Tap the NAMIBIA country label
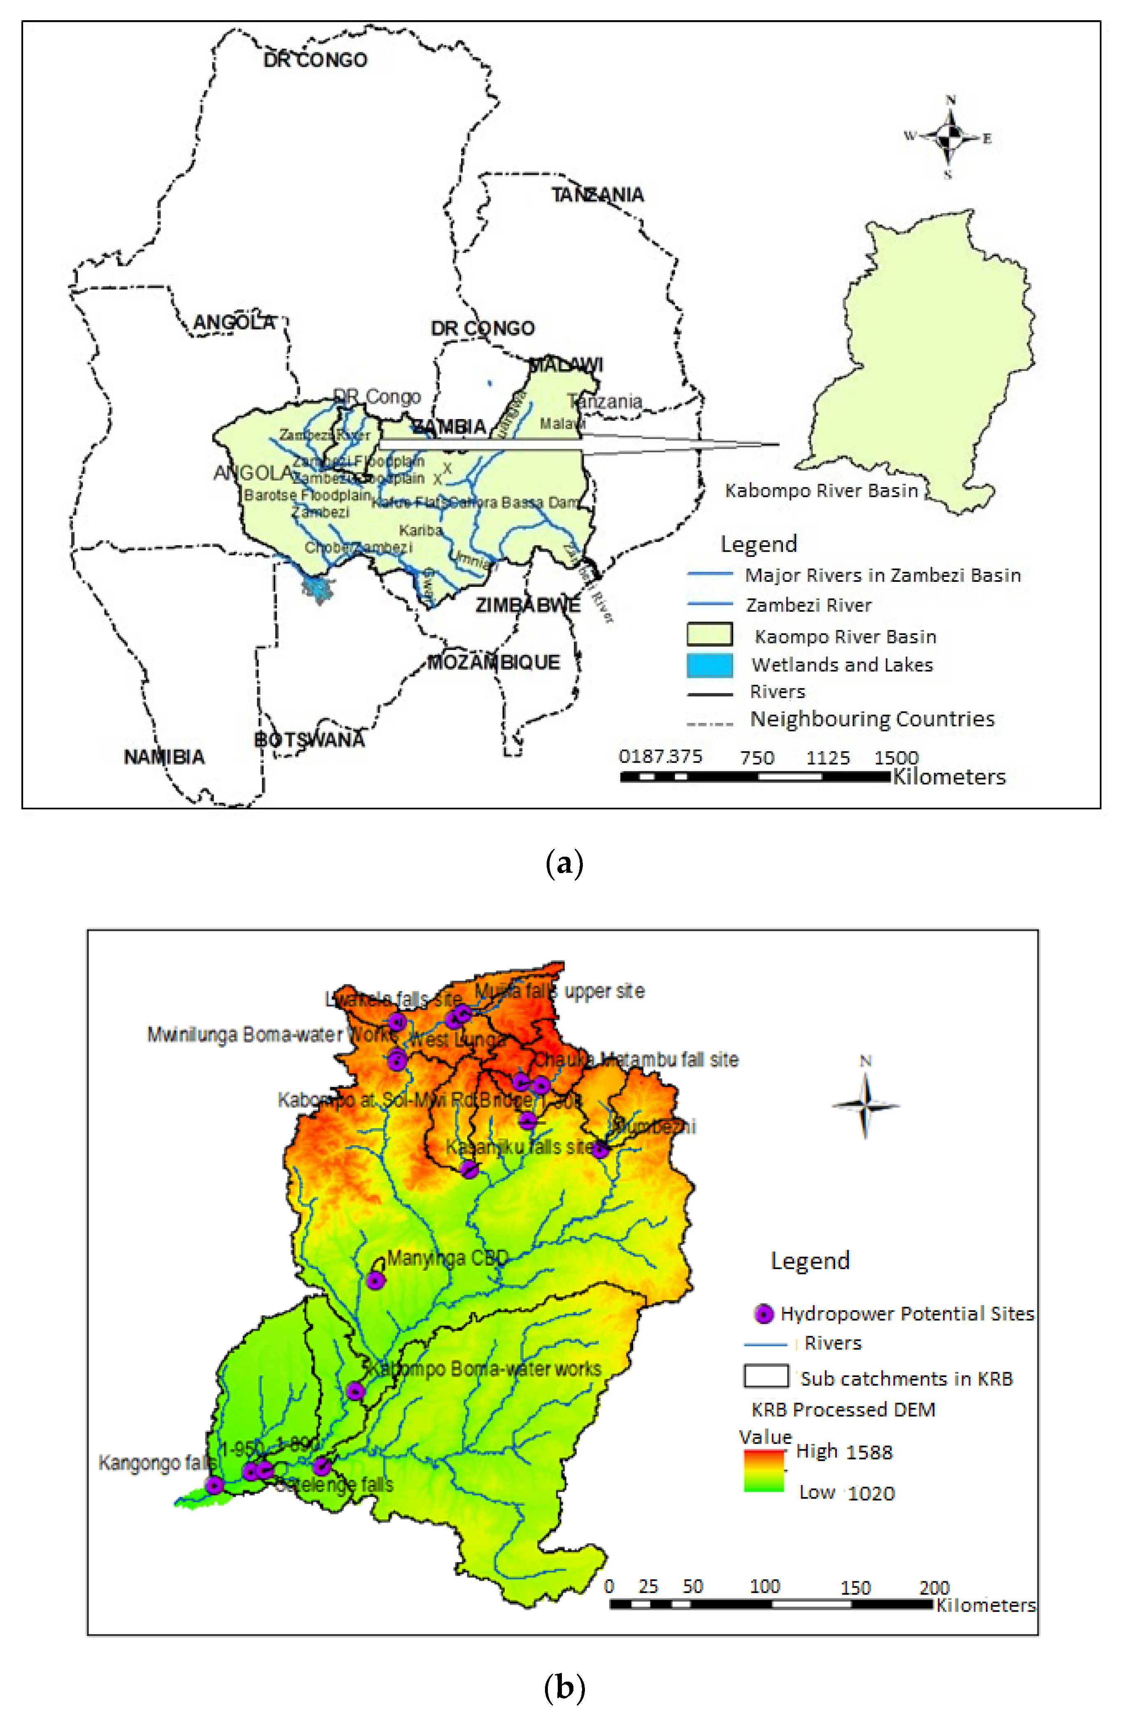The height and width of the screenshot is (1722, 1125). click(164, 757)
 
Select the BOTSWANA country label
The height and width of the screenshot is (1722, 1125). click(310, 740)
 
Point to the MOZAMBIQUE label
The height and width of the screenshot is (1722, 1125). click(494, 662)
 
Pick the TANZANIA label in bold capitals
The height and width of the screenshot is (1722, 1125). click(597, 194)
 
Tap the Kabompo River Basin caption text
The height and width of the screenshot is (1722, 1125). click(821, 490)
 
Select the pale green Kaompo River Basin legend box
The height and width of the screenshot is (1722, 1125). click(709, 635)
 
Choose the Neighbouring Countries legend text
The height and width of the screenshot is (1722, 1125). click(872, 719)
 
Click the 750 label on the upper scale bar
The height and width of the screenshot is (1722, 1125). click(757, 757)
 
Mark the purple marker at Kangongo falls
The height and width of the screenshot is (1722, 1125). click(214, 1485)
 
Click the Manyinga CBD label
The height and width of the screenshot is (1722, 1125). click(447, 1259)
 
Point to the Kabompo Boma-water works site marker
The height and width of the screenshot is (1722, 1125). click(355, 1391)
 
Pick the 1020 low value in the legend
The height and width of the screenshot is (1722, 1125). click(871, 1493)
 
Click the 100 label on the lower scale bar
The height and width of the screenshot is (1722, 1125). click(764, 1587)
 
